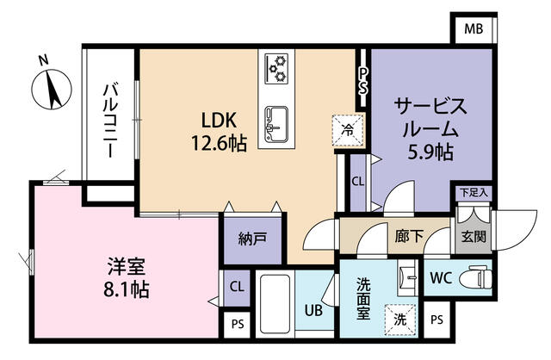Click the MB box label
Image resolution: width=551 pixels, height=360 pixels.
(x=474, y=28)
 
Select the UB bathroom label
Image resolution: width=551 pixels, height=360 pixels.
(x=313, y=311)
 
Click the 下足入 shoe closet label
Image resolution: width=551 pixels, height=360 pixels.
(x=472, y=194)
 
